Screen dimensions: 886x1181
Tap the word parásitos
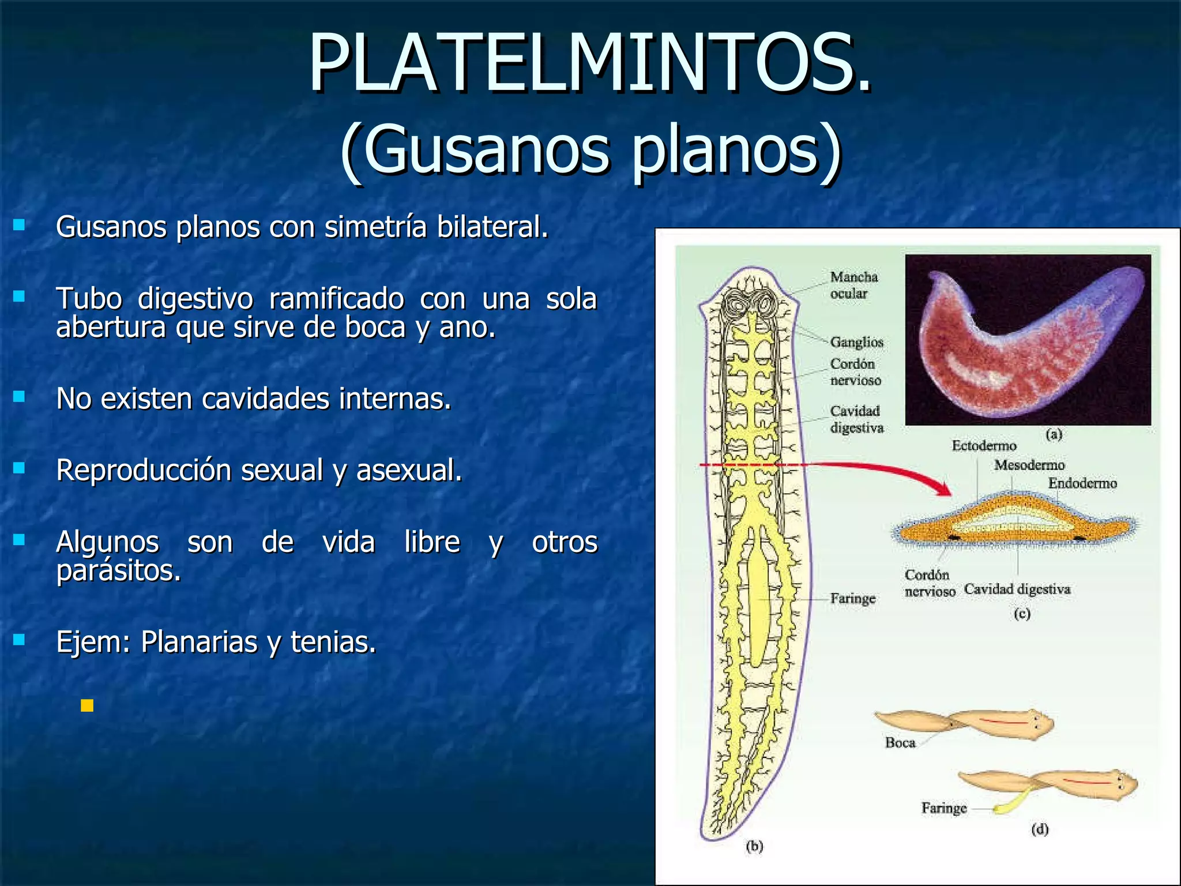click(118, 571)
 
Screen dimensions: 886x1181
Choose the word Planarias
click(198, 642)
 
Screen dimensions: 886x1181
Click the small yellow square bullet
click(87, 705)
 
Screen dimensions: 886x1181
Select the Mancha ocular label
click(853, 285)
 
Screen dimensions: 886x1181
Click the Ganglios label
click(856, 342)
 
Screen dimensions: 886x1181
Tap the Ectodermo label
click(984, 445)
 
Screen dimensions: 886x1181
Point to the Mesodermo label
click(1029, 465)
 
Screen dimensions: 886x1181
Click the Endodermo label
click(1082, 483)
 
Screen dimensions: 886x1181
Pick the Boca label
click(900, 742)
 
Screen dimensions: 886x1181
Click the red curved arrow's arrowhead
click(943, 490)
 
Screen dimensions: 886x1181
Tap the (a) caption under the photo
click(1054, 434)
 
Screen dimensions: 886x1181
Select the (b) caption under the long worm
click(754, 846)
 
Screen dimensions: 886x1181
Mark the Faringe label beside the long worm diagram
click(852, 599)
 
